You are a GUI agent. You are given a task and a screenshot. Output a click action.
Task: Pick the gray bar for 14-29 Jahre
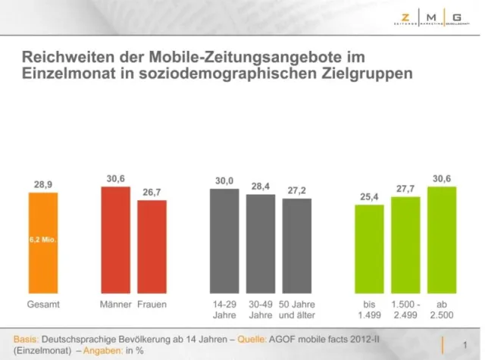coord(224,241)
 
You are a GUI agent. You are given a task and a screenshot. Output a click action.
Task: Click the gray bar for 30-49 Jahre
coord(260,244)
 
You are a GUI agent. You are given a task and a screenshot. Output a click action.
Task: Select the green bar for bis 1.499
coord(369,249)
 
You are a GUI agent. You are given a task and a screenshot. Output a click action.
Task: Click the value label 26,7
coord(152,193)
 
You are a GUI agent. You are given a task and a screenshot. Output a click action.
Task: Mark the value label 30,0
coord(224,180)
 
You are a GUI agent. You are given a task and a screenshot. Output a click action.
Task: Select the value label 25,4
coord(369,196)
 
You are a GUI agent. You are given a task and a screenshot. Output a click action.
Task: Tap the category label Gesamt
coord(43,304)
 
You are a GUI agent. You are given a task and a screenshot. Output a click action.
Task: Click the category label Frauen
coord(152,304)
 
